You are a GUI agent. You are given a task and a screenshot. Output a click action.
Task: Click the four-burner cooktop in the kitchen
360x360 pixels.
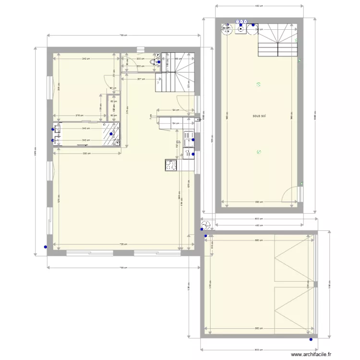[x=171, y=166]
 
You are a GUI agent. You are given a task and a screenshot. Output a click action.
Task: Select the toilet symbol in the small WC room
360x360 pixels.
[x=154, y=62]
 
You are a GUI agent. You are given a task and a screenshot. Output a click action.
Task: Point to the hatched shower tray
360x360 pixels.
[x=111, y=134]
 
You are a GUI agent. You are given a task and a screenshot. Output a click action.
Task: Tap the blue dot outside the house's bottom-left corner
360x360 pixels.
[x=45, y=248]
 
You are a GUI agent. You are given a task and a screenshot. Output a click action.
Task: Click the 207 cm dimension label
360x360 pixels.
[x=141, y=79]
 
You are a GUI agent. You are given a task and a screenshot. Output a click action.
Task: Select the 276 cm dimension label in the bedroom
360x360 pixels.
[x=79, y=115]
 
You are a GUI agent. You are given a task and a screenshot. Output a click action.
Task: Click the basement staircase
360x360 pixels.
[x=277, y=40]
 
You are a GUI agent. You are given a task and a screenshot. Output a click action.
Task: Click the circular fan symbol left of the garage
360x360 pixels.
[x=206, y=225]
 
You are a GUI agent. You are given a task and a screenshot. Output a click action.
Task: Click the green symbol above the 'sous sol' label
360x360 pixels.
[x=258, y=85]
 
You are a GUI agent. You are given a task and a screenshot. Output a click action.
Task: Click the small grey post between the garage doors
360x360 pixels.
[x=315, y=284]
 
